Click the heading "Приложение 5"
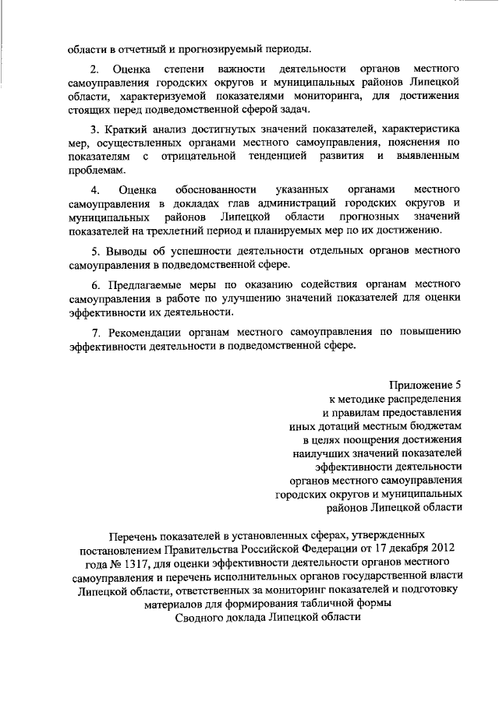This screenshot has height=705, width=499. tap(426, 383)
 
